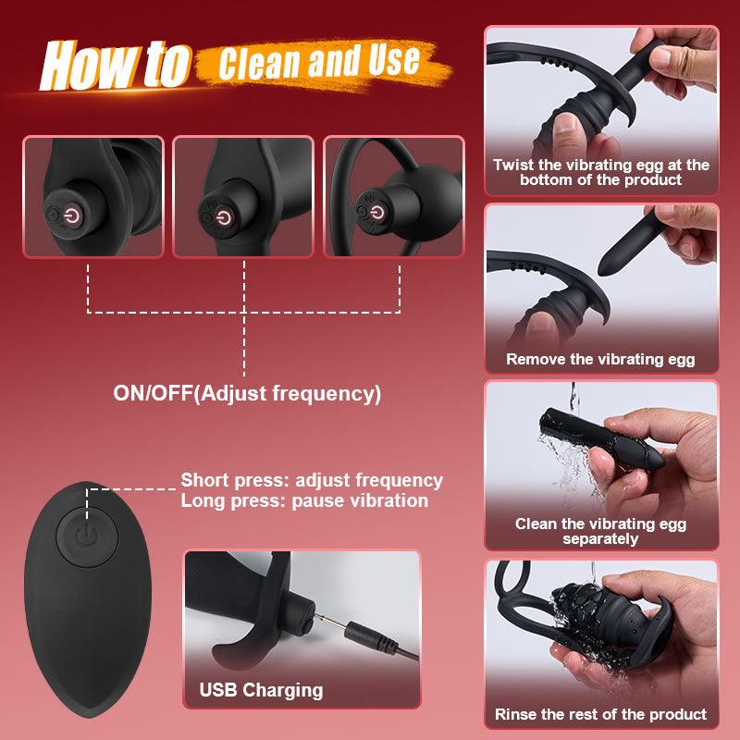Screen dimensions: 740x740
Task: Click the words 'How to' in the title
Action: coord(116,65)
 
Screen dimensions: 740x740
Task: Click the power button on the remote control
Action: coord(86,536)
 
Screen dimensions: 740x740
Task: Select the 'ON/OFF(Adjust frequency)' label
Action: coord(247,392)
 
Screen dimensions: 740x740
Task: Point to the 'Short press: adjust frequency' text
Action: coord(312,480)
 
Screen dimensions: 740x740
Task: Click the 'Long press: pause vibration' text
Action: coord(304,501)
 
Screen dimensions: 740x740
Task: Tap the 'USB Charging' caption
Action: coord(261,690)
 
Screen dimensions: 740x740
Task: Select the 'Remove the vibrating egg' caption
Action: coord(600,360)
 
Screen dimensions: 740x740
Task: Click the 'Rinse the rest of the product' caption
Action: coord(600,714)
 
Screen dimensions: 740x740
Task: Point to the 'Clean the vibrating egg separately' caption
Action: coord(600,531)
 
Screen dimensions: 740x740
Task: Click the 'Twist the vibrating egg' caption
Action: coord(600,172)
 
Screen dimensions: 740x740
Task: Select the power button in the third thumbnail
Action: coord(375,215)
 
